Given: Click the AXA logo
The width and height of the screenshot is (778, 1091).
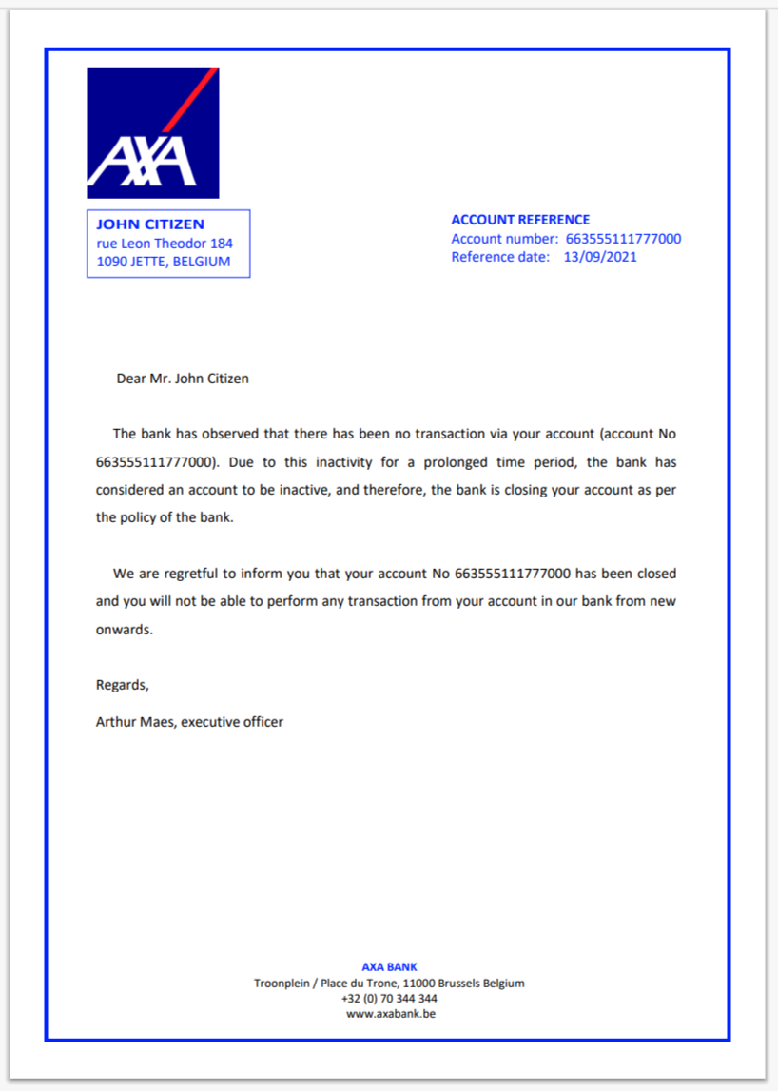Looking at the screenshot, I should [x=152, y=132].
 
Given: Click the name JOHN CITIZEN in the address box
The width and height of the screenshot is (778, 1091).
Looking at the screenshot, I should [x=150, y=224].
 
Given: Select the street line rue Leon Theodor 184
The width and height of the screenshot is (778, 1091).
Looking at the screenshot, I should [x=165, y=244].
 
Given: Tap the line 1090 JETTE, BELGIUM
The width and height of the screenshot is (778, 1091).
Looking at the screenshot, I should [x=164, y=262].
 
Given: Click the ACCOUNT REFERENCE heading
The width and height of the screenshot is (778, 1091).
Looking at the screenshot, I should [x=520, y=220].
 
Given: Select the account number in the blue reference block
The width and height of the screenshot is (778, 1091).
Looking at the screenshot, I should [x=623, y=239].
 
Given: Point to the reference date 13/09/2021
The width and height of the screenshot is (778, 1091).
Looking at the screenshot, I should [x=600, y=257].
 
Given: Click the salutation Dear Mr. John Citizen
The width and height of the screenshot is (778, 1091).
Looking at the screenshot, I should [x=183, y=379].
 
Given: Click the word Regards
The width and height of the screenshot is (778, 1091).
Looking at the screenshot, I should [x=122, y=685].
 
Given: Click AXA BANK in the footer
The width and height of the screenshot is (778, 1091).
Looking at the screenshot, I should [x=389, y=967].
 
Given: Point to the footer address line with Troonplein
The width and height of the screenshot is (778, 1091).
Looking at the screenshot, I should [x=389, y=984].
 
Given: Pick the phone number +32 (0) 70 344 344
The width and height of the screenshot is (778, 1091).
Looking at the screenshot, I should [x=389, y=999].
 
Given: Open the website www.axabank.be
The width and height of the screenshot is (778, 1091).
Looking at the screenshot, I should [x=389, y=1014].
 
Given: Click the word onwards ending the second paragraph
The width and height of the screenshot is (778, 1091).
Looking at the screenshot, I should [x=124, y=630].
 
